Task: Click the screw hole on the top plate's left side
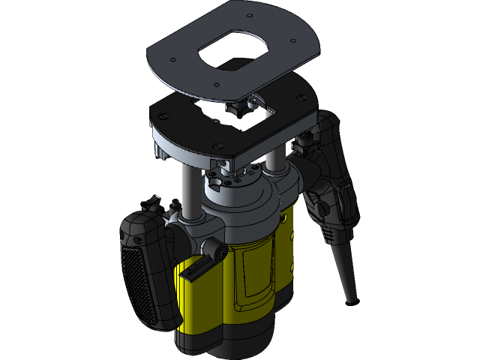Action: tap(174, 60)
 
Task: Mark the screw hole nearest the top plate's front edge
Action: tap(215, 85)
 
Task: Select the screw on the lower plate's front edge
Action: tap(217, 145)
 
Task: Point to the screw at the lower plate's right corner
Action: tap(301, 97)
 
